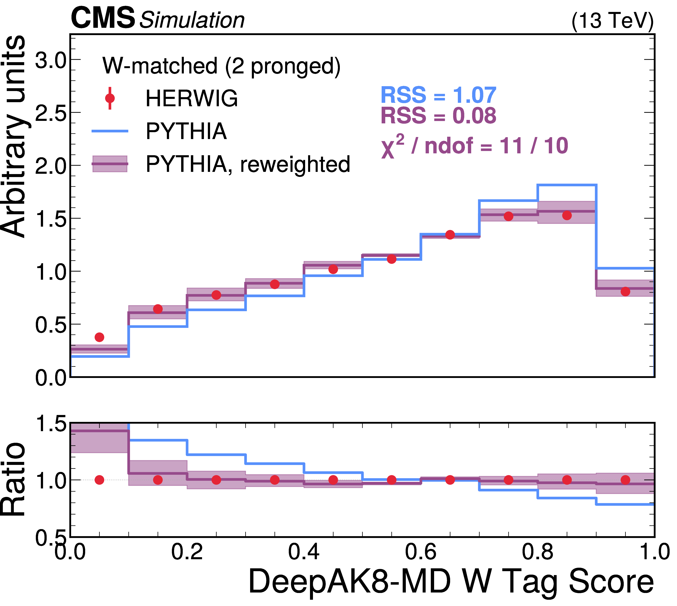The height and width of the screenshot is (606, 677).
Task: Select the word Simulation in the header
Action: click(192, 20)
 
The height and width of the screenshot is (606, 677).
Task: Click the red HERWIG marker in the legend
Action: click(110, 98)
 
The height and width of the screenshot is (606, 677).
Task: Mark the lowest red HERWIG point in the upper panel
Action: click(99, 337)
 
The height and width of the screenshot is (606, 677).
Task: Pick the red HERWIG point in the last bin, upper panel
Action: click(625, 291)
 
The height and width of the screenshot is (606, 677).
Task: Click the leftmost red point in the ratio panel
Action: click(99, 480)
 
